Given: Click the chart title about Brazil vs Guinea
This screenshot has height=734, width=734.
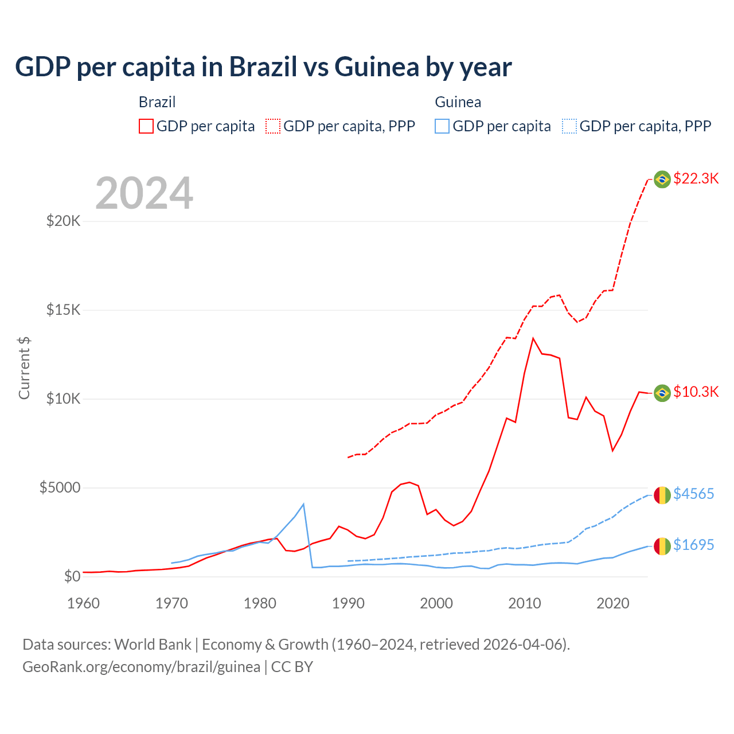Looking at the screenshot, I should pyautogui.click(x=263, y=67).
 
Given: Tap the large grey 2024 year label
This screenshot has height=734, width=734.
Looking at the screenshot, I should pyautogui.click(x=144, y=193).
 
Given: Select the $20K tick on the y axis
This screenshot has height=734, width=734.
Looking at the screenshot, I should pyautogui.click(x=64, y=221).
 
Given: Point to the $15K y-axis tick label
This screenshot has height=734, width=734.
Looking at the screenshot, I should pyautogui.click(x=64, y=310).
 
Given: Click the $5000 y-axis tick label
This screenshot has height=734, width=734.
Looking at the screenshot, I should pyautogui.click(x=60, y=487).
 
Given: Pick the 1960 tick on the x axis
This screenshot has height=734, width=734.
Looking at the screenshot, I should pyautogui.click(x=84, y=603).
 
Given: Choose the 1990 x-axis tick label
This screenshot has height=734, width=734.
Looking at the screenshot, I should pyautogui.click(x=348, y=603).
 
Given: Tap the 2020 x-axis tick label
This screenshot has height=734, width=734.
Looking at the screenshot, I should pyautogui.click(x=613, y=603).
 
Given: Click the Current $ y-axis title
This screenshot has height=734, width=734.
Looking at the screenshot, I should pyautogui.click(x=24, y=368).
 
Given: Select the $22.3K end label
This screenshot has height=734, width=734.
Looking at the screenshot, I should pyautogui.click(x=696, y=178).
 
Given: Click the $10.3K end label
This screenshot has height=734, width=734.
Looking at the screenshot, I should pyautogui.click(x=696, y=392).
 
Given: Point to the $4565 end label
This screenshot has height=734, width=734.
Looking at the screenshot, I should pyautogui.click(x=693, y=494).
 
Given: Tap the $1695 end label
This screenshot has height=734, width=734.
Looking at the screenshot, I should pyautogui.click(x=693, y=545).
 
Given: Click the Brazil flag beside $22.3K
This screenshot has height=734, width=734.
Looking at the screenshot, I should pyautogui.click(x=662, y=179).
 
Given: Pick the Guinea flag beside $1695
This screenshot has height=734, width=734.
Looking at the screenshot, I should pyautogui.click(x=662, y=546).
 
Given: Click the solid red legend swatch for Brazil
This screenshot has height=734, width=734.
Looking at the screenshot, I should pyautogui.click(x=146, y=126).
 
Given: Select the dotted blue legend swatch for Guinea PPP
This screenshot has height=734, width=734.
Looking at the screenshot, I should pyautogui.click(x=569, y=126).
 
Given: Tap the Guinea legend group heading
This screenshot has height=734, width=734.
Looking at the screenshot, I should pyautogui.click(x=458, y=102).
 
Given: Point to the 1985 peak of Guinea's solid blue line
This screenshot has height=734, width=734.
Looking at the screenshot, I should pyautogui.click(x=303, y=504).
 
